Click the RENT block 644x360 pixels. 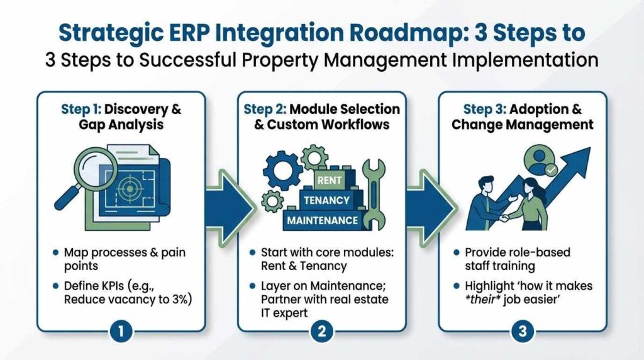click(x=330, y=180)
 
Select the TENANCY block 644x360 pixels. click(x=327, y=200)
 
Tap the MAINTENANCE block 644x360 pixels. click(x=323, y=221)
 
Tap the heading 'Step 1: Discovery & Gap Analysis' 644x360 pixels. click(x=121, y=117)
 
